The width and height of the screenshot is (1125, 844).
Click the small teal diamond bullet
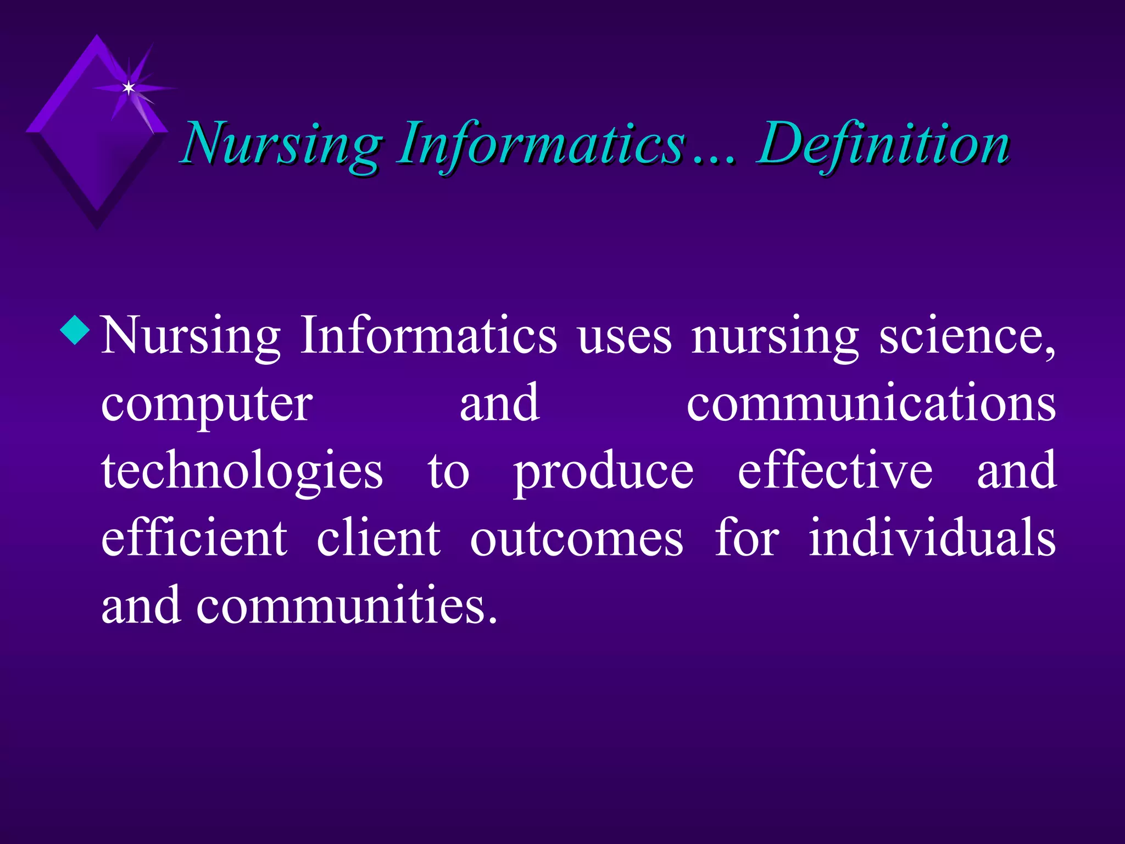point(75,331)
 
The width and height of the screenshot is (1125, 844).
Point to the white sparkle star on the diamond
point(129,88)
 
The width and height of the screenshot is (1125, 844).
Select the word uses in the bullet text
point(625,336)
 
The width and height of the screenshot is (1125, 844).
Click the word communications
point(871,404)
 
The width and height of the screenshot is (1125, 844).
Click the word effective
point(835,471)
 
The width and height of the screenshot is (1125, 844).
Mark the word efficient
point(194,538)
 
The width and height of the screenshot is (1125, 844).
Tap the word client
point(378,538)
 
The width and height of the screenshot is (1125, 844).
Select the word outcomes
point(577,539)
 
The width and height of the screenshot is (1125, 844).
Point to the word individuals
point(932,538)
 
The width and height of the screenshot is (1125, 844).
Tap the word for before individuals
point(747,538)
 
